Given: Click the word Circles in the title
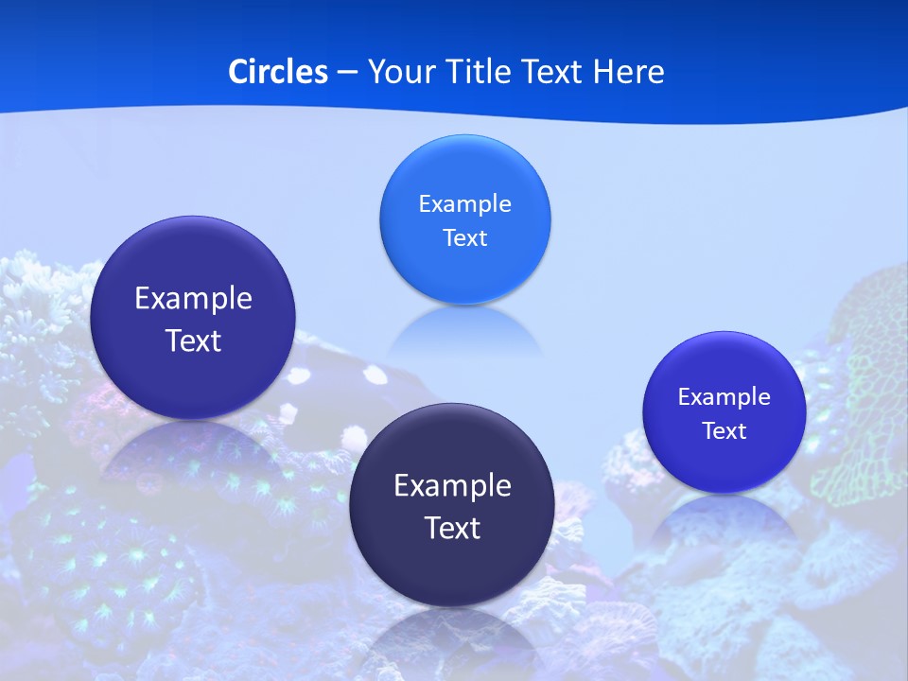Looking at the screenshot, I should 277,72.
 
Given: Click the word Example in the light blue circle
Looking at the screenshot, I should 464,203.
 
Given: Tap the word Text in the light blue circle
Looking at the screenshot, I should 464,238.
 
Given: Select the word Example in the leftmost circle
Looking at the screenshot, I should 193,299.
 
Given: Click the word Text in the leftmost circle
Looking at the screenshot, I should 193,340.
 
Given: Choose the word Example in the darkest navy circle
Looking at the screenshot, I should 452,486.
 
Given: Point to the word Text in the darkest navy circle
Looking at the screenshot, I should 452,528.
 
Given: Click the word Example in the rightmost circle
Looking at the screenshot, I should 724,397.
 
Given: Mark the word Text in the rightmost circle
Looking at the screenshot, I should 724,431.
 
